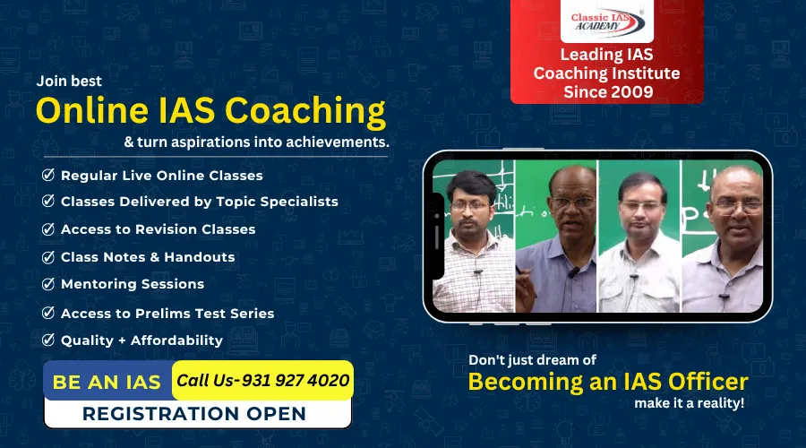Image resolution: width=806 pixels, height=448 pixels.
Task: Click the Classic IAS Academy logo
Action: pyautogui.click(x=607, y=22)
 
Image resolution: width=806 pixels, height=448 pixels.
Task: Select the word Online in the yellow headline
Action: pyautogui.click(x=92, y=110)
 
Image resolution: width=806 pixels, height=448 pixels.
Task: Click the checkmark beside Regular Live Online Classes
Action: pyautogui.click(x=48, y=175)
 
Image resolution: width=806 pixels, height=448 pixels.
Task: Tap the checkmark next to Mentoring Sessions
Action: pyautogui.click(x=48, y=284)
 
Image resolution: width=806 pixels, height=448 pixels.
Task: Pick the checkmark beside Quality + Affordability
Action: pyautogui.click(x=48, y=340)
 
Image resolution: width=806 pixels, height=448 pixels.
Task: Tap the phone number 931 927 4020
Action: pyautogui.click(x=295, y=380)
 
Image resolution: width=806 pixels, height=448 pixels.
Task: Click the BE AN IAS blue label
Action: pyautogui.click(x=107, y=382)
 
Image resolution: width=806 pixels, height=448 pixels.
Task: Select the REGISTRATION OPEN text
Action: pyautogui.click(x=193, y=414)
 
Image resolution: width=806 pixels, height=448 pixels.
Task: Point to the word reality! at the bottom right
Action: pyautogui.click(x=722, y=403)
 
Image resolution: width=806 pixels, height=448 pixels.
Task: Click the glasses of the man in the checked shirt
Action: pyautogui.click(x=470, y=205)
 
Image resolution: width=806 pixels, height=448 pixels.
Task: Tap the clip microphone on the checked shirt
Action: pyautogui.click(x=478, y=272)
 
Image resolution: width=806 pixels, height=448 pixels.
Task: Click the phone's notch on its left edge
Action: pyautogui.click(x=438, y=236)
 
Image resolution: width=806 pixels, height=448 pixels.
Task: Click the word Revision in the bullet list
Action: pyautogui.click(x=166, y=229)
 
